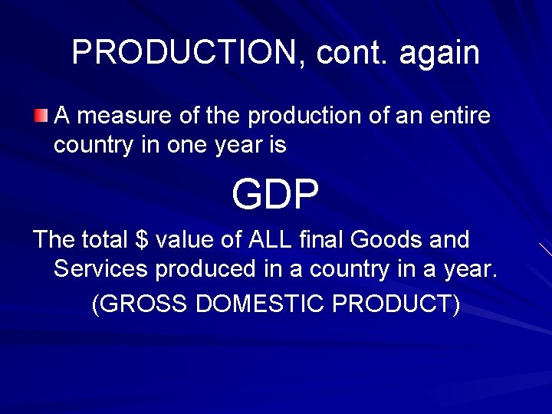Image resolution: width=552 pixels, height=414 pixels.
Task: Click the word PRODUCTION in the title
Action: coord(183,52)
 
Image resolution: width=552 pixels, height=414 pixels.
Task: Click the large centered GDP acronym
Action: coord(275,195)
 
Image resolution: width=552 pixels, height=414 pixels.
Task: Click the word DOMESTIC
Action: coord(261,304)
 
